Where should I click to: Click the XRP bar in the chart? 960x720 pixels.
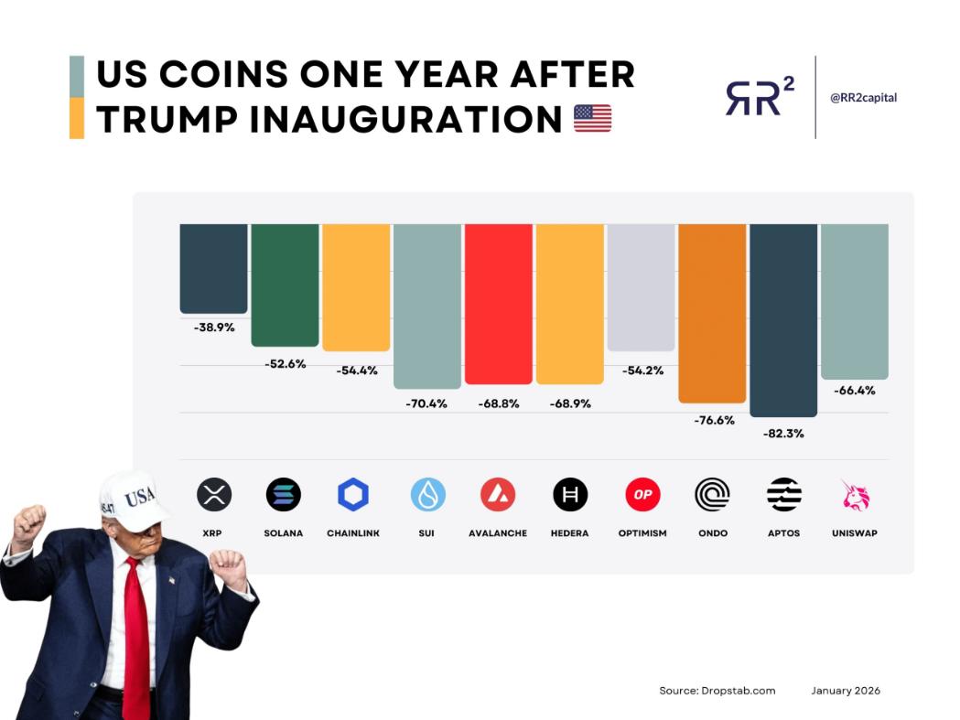click(213, 267)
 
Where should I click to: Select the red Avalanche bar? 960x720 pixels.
click(499, 303)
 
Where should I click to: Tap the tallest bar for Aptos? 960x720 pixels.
click(783, 319)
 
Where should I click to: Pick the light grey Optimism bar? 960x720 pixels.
click(641, 286)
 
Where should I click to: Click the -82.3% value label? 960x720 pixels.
click(783, 434)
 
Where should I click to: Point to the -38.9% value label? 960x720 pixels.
click(214, 328)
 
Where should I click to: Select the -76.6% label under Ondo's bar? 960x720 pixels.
click(712, 420)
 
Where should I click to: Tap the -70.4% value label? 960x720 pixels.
click(426, 403)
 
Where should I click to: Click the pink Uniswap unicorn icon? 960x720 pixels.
click(855, 495)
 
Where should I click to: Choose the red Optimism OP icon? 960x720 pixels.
click(642, 495)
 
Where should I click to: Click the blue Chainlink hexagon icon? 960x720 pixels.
click(353, 495)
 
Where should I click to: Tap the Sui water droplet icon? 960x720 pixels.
click(427, 495)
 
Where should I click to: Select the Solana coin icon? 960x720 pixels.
click(284, 495)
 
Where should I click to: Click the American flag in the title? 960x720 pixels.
click(592, 119)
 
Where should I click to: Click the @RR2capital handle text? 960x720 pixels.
click(863, 98)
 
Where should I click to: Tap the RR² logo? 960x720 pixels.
click(760, 97)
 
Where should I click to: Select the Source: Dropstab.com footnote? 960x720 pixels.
click(717, 691)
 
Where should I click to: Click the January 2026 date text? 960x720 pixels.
click(846, 691)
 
